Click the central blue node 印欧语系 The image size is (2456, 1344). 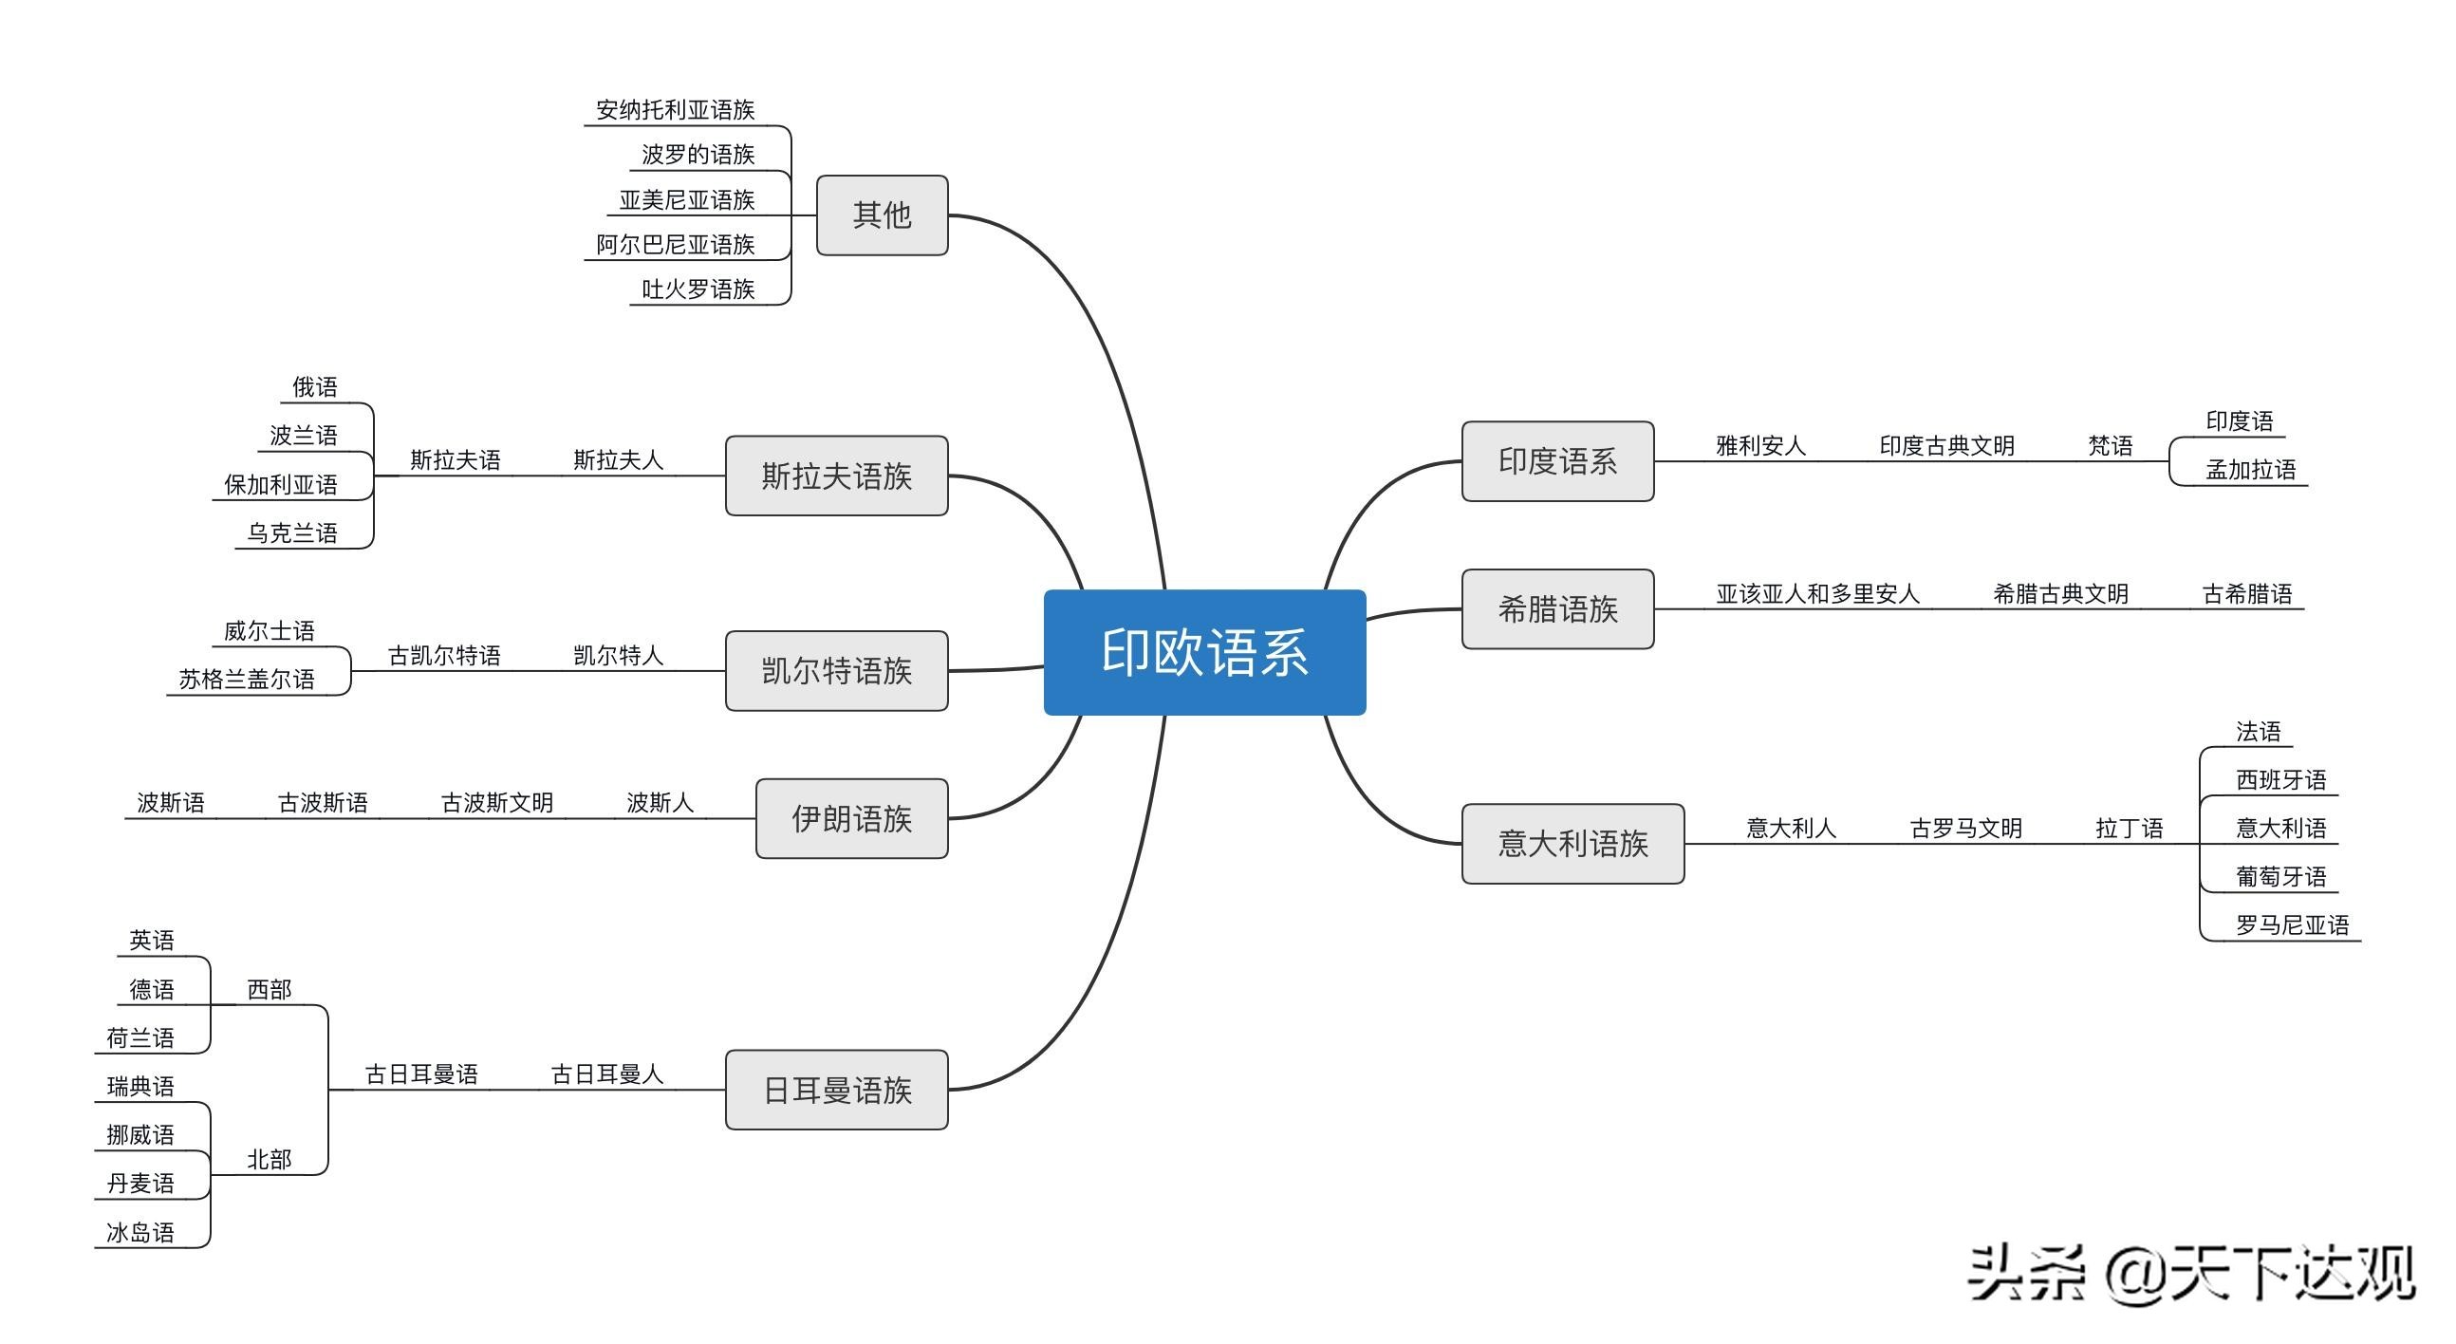(x=1204, y=652)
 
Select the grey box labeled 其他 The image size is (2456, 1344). (x=882, y=215)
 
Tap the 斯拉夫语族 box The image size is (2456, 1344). (x=836, y=476)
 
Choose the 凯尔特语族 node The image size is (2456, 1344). (x=836, y=670)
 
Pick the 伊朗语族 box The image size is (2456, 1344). (x=851, y=818)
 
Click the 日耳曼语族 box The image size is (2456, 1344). (x=836, y=1090)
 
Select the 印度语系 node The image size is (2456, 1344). (x=1557, y=460)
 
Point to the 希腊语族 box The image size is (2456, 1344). (x=1557, y=608)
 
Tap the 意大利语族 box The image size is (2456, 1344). (x=1572, y=843)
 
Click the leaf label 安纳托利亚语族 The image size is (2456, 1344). (x=675, y=110)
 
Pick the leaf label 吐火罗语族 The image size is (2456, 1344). (x=698, y=289)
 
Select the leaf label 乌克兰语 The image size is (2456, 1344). (x=291, y=533)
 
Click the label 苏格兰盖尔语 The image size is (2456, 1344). (x=246, y=680)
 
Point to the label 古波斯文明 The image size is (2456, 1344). (x=496, y=803)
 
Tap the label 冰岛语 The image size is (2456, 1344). (x=140, y=1232)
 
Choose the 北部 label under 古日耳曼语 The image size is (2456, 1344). (x=269, y=1159)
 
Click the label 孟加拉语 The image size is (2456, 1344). (x=2250, y=469)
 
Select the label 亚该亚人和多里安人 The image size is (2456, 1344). (x=1817, y=594)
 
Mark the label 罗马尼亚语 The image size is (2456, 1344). (x=2292, y=924)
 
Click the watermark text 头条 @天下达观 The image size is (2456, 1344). (x=2191, y=1274)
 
